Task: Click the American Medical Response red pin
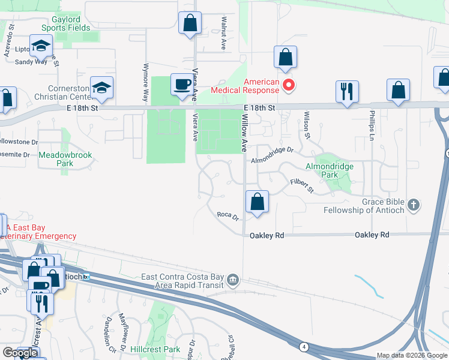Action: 288,85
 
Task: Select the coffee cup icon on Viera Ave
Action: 182,85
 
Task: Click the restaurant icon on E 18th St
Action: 346,92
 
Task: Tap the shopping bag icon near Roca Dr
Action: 257,202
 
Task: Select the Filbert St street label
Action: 303,184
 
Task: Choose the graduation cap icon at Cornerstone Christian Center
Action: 101,88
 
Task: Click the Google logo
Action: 20,353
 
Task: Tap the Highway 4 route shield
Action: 304,346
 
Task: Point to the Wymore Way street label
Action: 145,82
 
